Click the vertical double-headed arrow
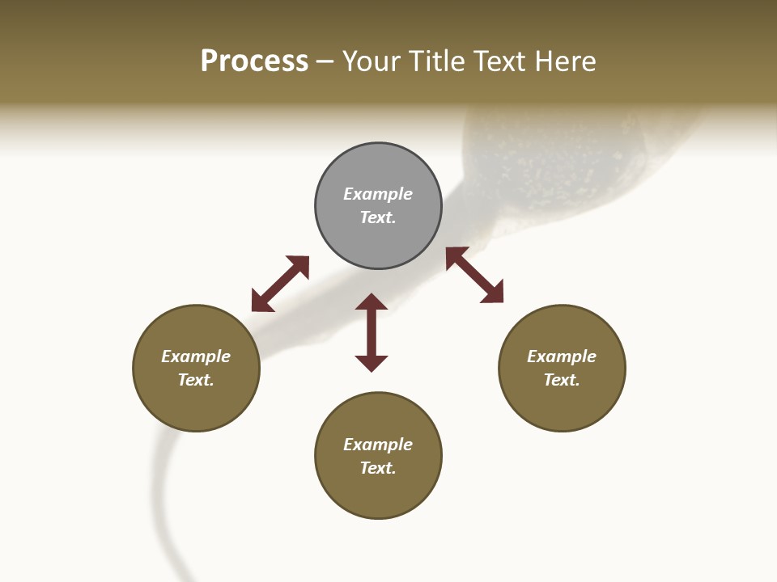372,332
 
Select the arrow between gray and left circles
280,284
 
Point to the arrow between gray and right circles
475,275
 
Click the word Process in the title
254,61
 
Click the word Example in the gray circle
378,194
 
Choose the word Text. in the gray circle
378,217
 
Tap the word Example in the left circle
196,356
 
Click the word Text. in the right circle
562,380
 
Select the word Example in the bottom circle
378,445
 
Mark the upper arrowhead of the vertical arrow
372,302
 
